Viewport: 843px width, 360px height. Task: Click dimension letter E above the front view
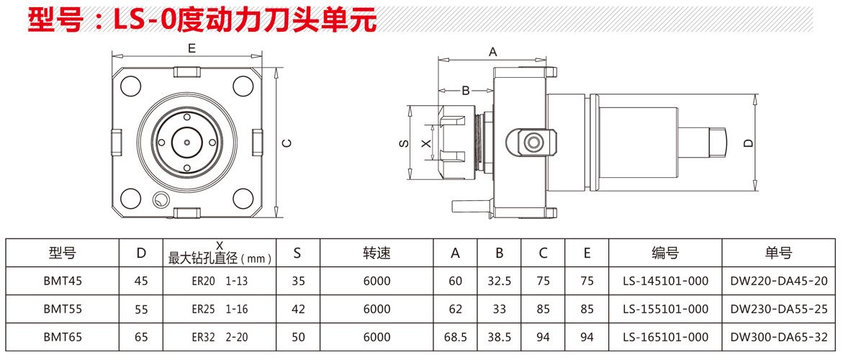click(x=191, y=49)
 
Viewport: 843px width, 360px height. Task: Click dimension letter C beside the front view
click(x=286, y=143)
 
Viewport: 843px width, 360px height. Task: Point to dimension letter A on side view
click(x=493, y=52)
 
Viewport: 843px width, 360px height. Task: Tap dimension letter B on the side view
click(x=466, y=91)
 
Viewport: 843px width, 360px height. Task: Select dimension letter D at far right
click(x=749, y=143)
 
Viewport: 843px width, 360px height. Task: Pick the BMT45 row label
click(x=62, y=281)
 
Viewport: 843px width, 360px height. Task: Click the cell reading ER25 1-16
click(x=220, y=309)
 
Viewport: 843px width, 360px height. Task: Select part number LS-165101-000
click(x=665, y=337)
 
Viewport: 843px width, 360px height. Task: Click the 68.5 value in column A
click(x=456, y=337)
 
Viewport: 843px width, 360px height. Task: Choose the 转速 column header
click(x=377, y=253)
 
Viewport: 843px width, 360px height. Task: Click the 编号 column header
click(x=665, y=253)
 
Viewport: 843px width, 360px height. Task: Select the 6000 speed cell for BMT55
click(x=377, y=309)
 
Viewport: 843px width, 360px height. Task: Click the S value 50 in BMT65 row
click(x=298, y=337)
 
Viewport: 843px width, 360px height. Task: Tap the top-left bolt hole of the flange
click(x=130, y=86)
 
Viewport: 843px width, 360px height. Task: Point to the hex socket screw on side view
click(x=533, y=142)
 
